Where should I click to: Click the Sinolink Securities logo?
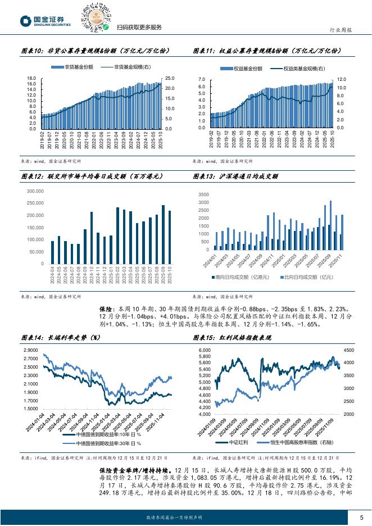tap(46, 20)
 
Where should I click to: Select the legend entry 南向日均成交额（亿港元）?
tap(242, 277)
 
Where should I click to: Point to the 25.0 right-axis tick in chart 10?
tap(169, 78)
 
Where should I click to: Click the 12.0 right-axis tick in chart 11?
tap(342, 79)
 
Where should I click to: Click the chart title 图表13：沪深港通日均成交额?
tap(237, 175)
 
